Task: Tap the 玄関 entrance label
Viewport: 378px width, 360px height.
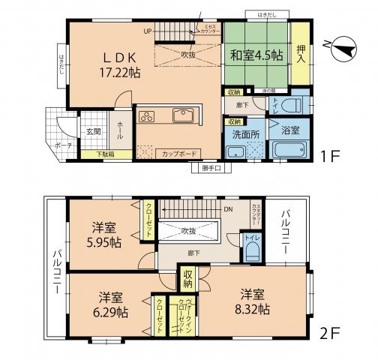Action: click(91, 131)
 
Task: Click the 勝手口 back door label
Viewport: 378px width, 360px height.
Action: click(211, 168)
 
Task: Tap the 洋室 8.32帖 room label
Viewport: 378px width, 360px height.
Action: click(255, 300)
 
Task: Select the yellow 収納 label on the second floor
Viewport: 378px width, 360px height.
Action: click(187, 279)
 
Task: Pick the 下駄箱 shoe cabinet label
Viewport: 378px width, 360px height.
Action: click(106, 154)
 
